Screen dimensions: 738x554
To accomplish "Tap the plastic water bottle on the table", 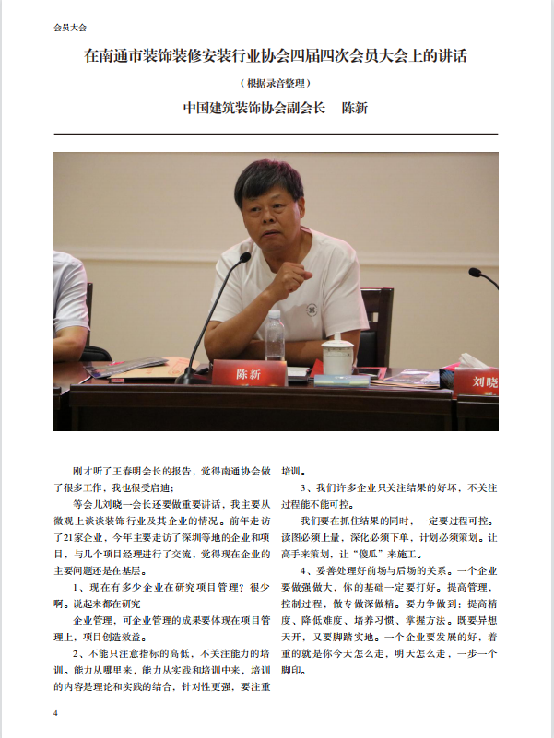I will [274, 336].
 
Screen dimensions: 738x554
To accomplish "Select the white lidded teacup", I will [337, 356].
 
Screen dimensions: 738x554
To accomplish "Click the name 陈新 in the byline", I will [355, 108].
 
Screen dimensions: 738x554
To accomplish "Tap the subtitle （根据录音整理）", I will [276, 82].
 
